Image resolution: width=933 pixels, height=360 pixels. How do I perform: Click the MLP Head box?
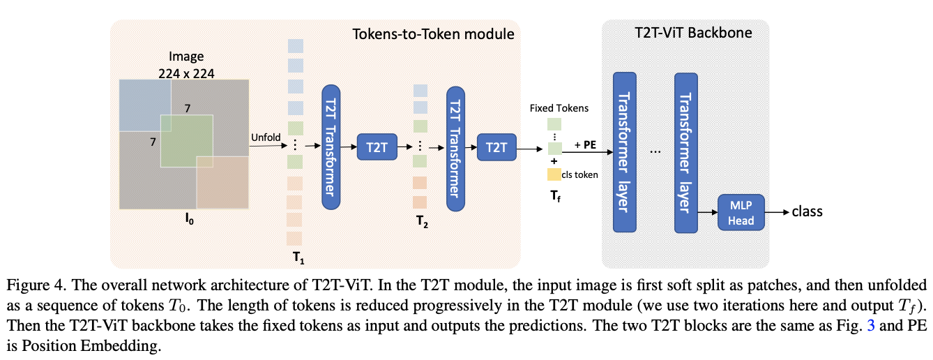pyautogui.click(x=741, y=213)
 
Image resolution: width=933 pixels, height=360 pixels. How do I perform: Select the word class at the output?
pyautogui.click(x=807, y=211)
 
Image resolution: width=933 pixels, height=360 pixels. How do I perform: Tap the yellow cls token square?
pyautogui.click(x=554, y=174)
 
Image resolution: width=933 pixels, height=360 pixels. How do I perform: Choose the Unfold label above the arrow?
pyautogui.click(x=265, y=137)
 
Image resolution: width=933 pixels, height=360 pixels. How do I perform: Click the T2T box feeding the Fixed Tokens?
pyautogui.click(x=496, y=147)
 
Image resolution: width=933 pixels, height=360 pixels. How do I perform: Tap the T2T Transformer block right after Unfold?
pyautogui.click(x=330, y=147)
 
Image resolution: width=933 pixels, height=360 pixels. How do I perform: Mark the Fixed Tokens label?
pyautogui.click(x=559, y=108)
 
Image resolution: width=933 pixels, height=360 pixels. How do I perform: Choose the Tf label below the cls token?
pyautogui.click(x=555, y=197)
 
